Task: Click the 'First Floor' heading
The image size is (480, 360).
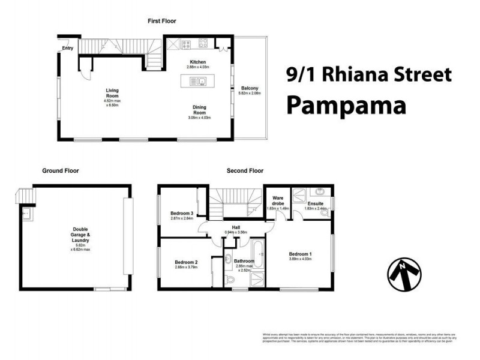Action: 162,21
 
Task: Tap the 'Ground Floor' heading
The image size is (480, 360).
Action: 61,171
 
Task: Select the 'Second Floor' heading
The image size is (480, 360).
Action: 245,171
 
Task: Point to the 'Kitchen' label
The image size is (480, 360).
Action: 198,62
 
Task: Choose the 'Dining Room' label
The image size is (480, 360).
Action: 199,110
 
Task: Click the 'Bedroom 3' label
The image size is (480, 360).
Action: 181,214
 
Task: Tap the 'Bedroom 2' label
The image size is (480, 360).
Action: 186,262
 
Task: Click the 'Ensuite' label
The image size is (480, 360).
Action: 316,204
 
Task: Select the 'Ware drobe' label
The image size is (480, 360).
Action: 278,200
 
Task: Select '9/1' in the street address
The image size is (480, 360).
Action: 302,75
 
